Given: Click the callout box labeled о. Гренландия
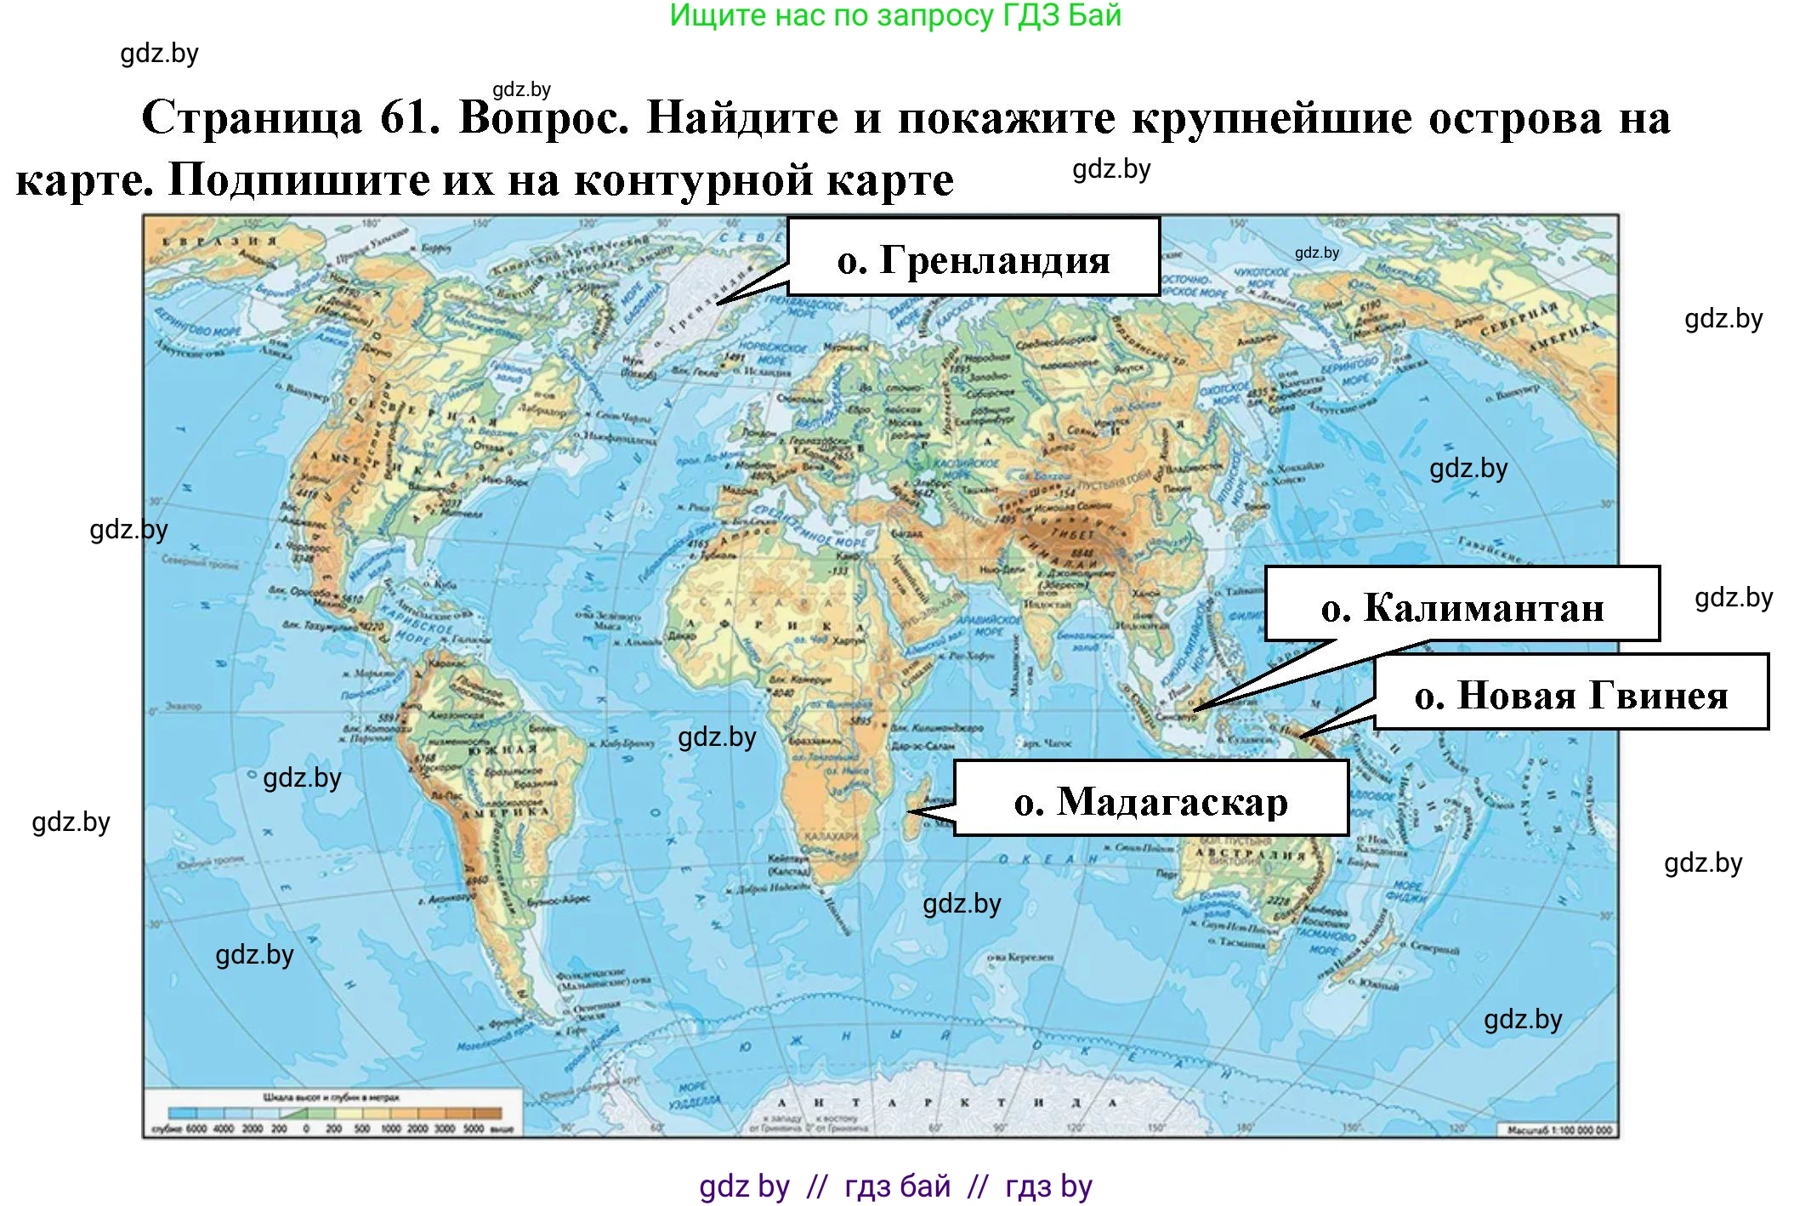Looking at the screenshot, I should click(974, 258).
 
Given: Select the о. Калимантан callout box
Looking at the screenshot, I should click(1462, 605).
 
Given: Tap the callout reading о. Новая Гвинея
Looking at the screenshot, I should click(1570, 693).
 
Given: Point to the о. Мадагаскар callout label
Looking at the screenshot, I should click(1150, 799).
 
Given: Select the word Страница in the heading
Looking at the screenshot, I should click(252, 117).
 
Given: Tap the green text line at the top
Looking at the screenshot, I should click(895, 15).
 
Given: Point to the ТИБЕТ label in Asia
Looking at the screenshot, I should click(1072, 534).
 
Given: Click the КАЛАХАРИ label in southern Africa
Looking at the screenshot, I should click(831, 837).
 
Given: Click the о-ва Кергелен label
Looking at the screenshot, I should click(1020, 957).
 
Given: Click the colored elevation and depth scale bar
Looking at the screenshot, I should click(335, 1112).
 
